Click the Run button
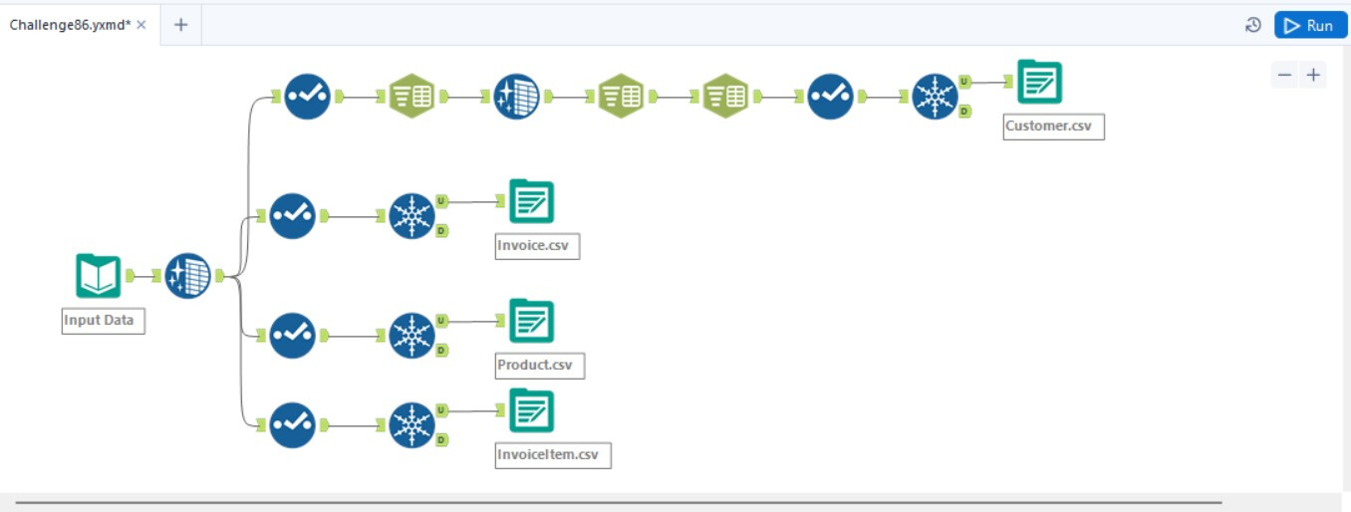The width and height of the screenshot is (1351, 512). (x=1310, y=25)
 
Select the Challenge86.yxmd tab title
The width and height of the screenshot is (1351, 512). (x=70, y=25)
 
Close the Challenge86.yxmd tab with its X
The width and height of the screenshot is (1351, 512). (x=141, y=25)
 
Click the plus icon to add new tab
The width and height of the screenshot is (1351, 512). (x=180, y=25)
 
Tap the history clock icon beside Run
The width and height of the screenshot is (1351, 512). (x=1253, y=25)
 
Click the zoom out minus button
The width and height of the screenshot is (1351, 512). (x=1285, y=75)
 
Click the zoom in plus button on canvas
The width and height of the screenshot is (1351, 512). (x=1314, y=75)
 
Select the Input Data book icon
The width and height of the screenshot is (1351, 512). (x=98, y=276)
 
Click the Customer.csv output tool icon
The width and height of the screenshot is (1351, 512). (x=1039, y=82)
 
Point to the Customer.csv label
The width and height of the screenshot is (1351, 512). (x=1053, y=127)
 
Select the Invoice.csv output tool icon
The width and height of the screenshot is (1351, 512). (x=531, y=201)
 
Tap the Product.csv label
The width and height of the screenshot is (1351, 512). (x=539, y=366)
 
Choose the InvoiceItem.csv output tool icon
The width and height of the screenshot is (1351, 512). (x=531, y=410)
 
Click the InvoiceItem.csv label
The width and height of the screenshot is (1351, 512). (x=552, y=455)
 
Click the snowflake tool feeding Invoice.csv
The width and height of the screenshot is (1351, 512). (x=411, y=216)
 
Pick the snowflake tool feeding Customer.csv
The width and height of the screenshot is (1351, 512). (x=936, y=97)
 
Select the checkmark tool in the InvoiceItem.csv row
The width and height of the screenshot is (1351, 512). (x=292, y=425)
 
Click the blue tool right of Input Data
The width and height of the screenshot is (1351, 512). (x=187, y=276)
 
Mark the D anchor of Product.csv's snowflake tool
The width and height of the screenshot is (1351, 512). (x=441, y=350)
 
